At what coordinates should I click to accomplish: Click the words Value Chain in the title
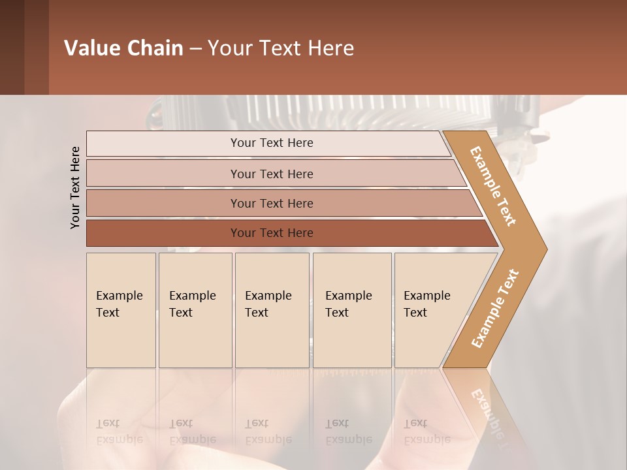click(x=123, y=48)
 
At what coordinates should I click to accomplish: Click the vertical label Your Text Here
click(x=75, y=187)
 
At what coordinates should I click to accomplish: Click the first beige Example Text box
click(x=121, y=310)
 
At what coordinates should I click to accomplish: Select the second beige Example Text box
click(x=195, y=310)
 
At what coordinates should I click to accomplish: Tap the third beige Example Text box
click(x=272, y=310)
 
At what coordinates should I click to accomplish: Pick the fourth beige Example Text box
click(x=352, y=310)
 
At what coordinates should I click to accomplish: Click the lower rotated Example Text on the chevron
click(x=494, y=308)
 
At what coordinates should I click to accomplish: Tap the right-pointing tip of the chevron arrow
click(x=541, y=249)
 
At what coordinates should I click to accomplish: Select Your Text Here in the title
click(x=281, y=48)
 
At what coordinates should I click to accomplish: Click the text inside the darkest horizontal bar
click(x=272, y=233)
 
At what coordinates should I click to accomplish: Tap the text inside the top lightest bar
click(x=272, y=143)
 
